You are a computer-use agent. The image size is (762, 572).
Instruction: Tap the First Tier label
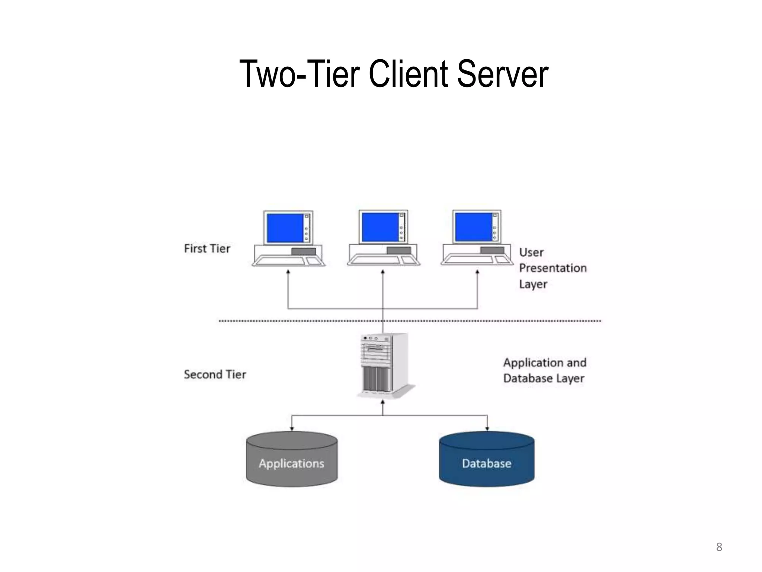[x=207, y=248]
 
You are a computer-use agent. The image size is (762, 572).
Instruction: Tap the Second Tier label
[x=215, y=374]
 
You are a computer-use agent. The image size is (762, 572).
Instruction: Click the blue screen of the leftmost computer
[x=285, y=228]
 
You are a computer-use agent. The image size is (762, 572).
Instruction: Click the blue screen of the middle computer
[x=380, y=227]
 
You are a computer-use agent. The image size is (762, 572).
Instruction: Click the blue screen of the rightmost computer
[x=474, y=227]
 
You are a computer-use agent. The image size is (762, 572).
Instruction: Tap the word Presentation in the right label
[x=553, y=268]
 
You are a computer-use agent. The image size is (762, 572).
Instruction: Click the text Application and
[x=545, y=362]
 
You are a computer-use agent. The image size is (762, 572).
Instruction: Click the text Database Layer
[x=544, y=378]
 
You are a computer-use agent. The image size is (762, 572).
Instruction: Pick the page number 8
[x=719, y=547]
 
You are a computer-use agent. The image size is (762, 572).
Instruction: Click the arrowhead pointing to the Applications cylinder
[x=292, y=429]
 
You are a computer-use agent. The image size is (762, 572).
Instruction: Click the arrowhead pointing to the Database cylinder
[x=487, y=429]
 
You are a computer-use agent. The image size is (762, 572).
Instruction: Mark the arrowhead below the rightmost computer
[x=477, y=272]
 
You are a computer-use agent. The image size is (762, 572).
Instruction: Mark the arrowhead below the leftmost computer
[x=288, y=272]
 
